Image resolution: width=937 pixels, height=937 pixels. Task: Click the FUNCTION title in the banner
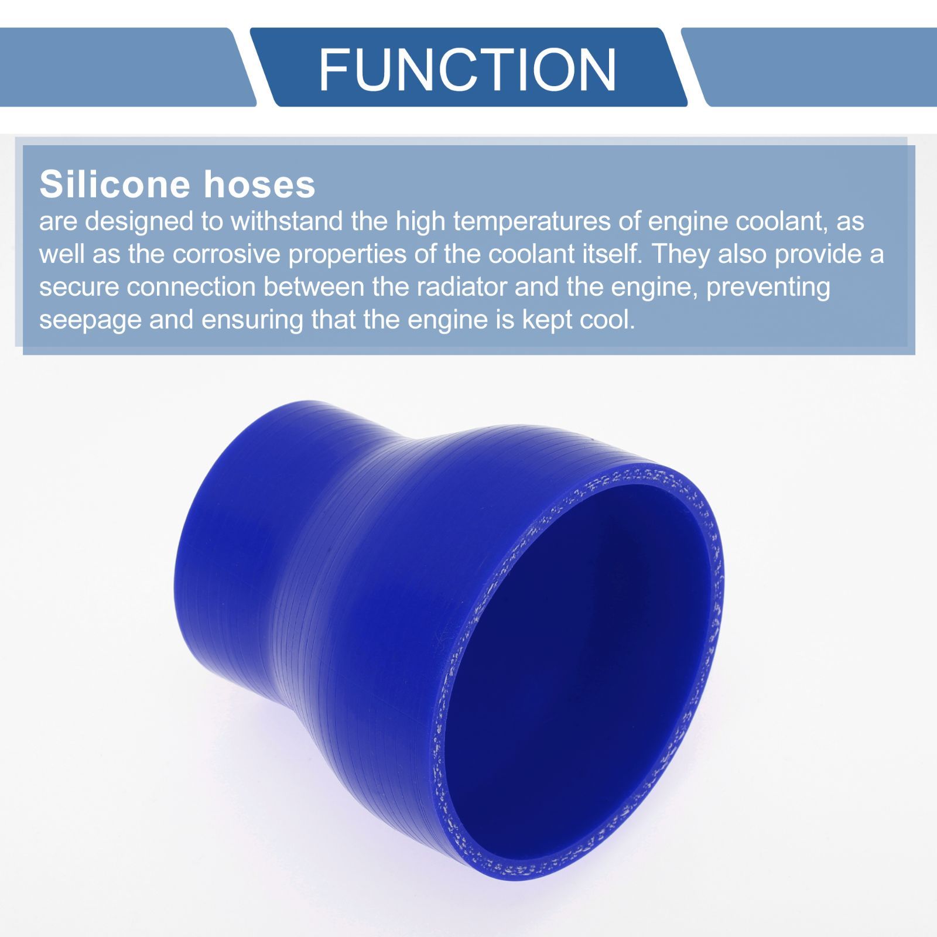(x=467, y=70)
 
